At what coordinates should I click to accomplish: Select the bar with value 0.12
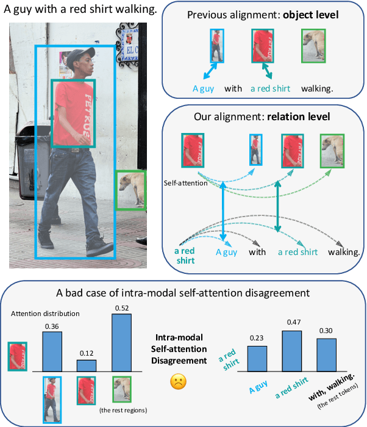(x=86, y=365)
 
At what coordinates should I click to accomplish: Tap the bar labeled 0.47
(x=291, y=351)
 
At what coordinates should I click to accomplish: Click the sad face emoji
(x=177, y=382)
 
